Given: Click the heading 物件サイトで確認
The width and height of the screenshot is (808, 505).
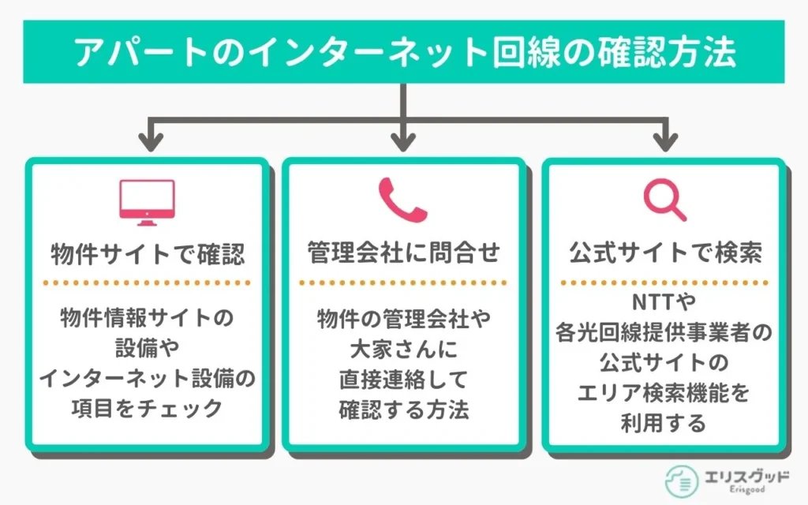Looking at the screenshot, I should point(147,254).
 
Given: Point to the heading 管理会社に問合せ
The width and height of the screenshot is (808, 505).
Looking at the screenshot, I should point(403,254).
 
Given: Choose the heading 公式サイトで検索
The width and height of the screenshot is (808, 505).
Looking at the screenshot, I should point(664,254).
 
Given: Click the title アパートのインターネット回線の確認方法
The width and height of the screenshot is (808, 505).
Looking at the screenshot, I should point(403,53).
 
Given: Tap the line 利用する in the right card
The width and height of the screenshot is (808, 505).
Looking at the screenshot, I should point(663,423).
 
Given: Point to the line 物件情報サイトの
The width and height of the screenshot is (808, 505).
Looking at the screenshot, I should point(147,318).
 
